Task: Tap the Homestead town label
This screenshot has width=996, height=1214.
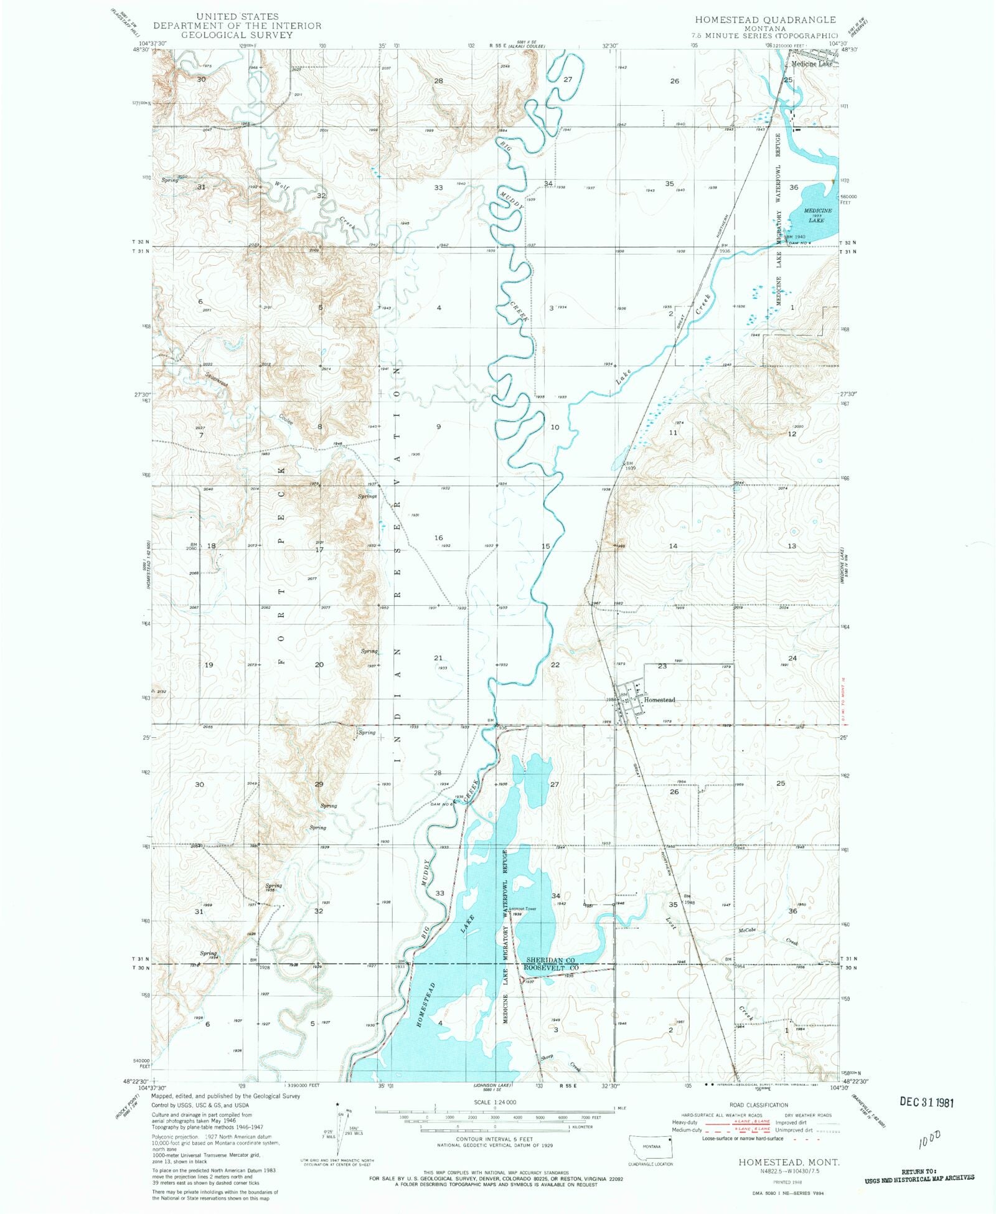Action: [x=659, y=700]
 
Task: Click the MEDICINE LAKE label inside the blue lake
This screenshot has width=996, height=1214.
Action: [x=817, y=215]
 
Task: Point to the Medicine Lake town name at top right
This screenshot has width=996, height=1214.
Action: [x=811, y=64]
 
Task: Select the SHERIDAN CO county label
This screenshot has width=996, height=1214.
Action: [x=550, y=961]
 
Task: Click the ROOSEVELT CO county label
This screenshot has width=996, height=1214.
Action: [x=552, y=968]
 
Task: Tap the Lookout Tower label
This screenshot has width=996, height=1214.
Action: [x=522, y=908]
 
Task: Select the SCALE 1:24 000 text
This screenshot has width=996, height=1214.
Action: [x=494, y=1102]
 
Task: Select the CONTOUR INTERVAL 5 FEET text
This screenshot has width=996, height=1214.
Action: [x=494, y=1139]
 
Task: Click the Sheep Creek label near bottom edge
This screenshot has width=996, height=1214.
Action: [x=548, y=1056]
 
